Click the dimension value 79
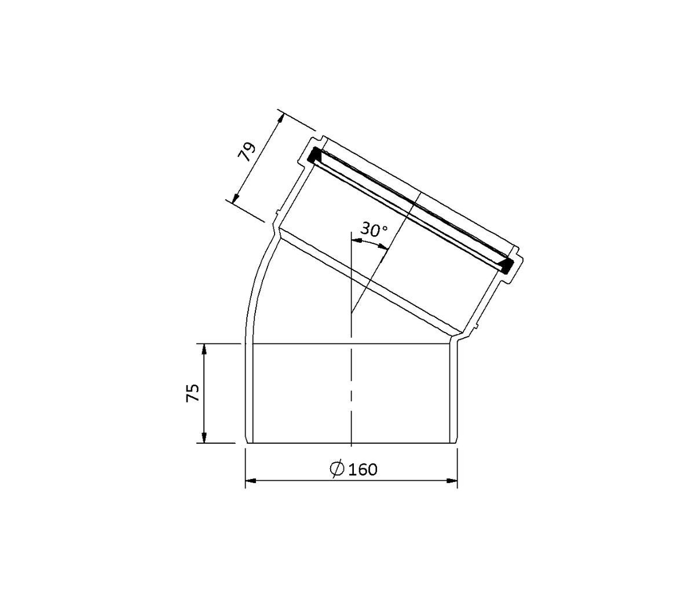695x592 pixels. coord(247,152)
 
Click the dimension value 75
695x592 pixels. coord(193,393)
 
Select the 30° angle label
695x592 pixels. coord(374,230)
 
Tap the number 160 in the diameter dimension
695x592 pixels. coord(363,470)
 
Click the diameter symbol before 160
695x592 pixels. coord(337,469)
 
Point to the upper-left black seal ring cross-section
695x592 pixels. coord(314,155)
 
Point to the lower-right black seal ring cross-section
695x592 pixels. coord(506,266)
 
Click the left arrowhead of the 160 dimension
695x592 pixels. coord(251,481)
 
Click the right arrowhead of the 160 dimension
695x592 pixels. coord(452,481)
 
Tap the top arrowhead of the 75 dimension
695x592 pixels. coord(203,349)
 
